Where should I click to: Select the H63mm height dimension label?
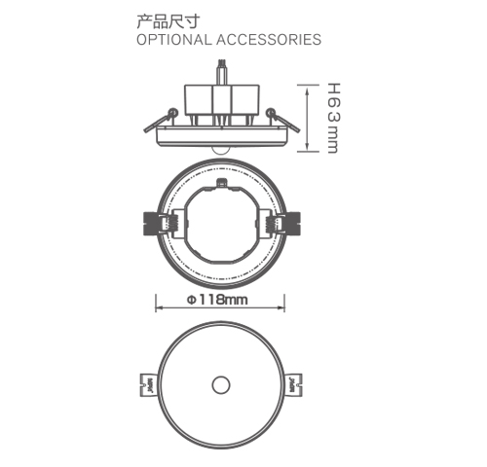click(331, 117)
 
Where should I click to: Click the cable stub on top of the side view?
click(223, 70)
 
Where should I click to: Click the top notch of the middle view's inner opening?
click(222, 182)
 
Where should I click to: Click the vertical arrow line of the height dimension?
click(310, 117)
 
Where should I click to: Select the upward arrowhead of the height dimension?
click(310, 88)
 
